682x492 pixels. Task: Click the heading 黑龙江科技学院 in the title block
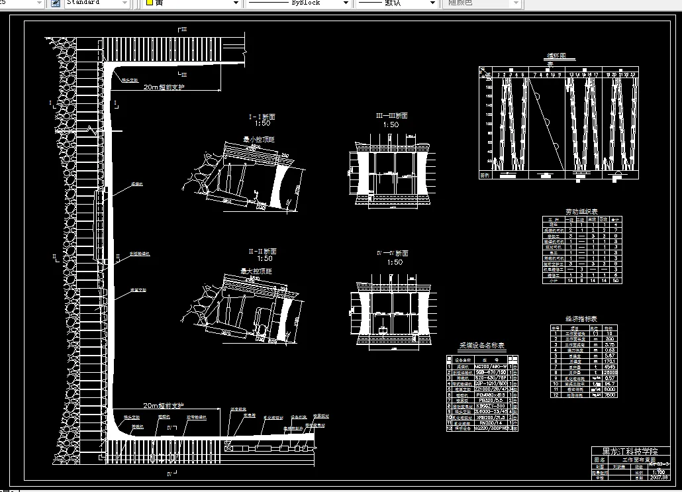628,451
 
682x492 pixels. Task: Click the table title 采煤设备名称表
482,345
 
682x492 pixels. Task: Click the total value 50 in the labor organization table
616,280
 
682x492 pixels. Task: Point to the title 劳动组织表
581,211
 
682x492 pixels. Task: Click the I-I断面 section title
262,117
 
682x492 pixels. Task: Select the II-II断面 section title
262,252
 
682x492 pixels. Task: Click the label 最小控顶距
259,140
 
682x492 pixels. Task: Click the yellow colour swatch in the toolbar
150,3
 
